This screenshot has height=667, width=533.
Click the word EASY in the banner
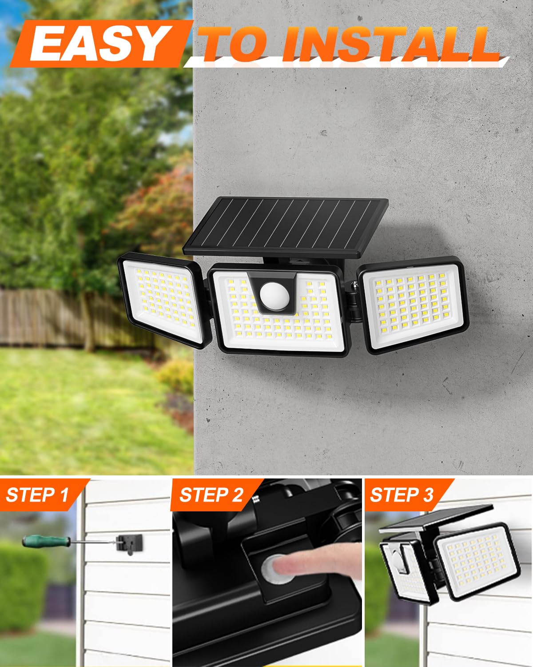point(97,44)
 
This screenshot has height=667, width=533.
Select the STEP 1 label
point(38,494)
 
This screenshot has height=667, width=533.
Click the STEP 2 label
point(211,494)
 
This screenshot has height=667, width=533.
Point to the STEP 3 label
point(402,494)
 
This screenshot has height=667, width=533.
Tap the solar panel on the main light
point(286,226)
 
